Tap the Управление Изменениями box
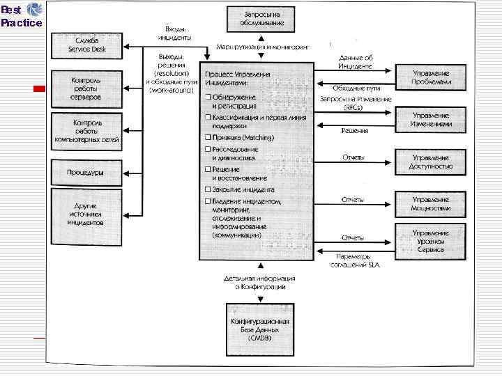pos(430,120)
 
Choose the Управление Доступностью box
pos(430,162)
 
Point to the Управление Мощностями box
pos(430,204)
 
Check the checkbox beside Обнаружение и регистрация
pos(208,97)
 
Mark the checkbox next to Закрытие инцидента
pos(208,189)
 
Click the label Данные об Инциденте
pos(355,61)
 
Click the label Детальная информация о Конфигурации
pos(259,282)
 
